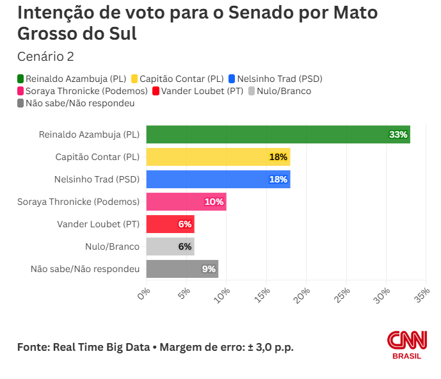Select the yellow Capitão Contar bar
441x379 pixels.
coord(218,157)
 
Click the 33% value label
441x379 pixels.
coord(398,134)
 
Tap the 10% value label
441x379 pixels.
coord(214,202)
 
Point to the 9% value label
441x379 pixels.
coord(209,269)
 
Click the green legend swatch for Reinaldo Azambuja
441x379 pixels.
coord(21,79)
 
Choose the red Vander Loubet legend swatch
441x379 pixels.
coord(156,91)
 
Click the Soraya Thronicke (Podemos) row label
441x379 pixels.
coord(78,202)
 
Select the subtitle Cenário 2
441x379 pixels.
coord(45,56)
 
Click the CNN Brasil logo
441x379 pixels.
coord(406,345)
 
